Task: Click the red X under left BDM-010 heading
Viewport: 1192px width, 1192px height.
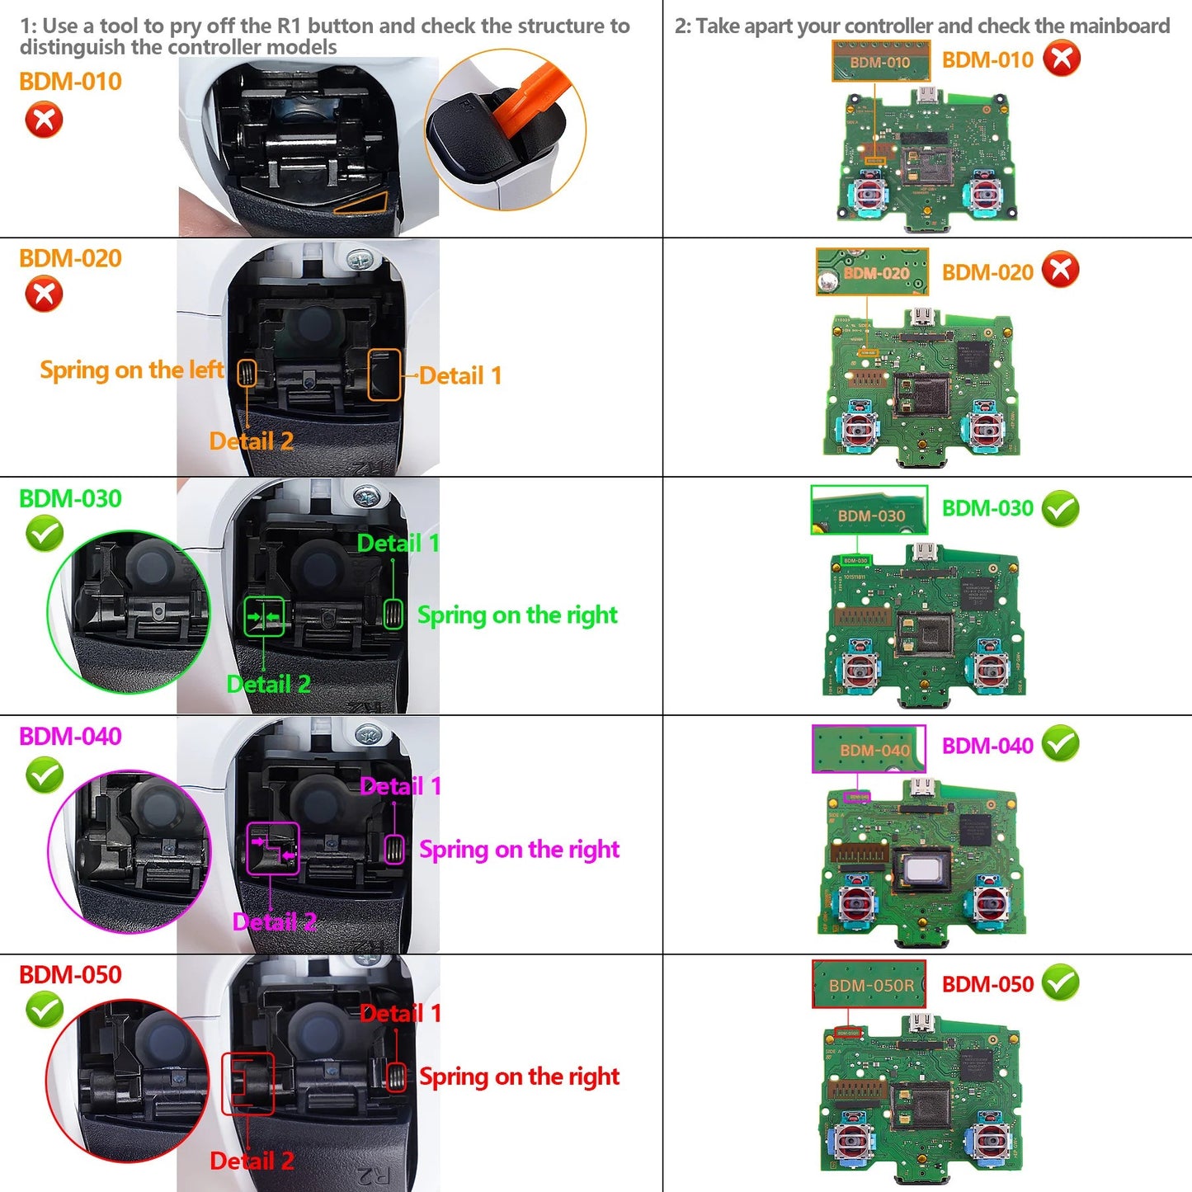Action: coord(44,120)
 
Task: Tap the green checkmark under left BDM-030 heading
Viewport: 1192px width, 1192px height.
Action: coord(45,534)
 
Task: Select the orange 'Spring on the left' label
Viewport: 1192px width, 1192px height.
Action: coord(131,370)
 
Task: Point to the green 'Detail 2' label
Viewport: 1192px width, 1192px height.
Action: coord(268,684)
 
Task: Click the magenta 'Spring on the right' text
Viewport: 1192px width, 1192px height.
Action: coord(519,849)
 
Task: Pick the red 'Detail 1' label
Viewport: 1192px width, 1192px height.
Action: coord(400,1013)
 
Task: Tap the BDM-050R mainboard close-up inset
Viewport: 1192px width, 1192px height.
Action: coord(869,984)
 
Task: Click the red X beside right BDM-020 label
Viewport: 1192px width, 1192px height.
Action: coord(1061,270)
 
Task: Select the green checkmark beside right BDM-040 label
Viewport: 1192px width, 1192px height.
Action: coord(1061,744)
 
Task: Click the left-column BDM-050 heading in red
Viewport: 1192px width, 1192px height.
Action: coord(70,974)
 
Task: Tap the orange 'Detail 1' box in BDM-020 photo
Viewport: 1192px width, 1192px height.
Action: coord(384,375)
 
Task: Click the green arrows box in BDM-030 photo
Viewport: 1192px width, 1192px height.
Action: coord(264,616)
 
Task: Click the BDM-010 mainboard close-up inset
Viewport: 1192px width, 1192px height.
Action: coord(880,62)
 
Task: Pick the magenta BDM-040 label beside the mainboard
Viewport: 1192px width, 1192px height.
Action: coord(987,746)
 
